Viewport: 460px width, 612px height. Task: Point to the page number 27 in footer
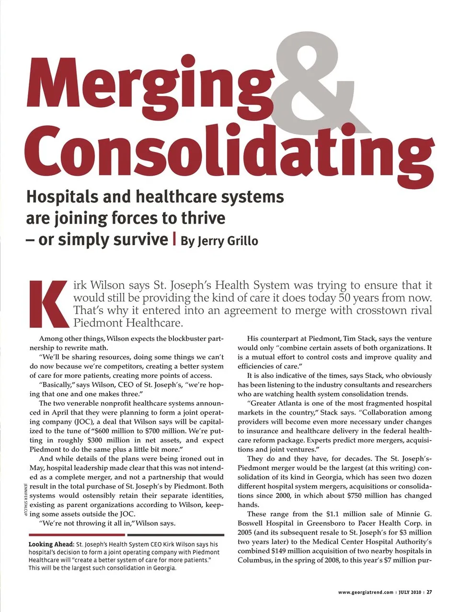tap(430, 592)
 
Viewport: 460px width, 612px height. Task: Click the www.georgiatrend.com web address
tap(366, 592)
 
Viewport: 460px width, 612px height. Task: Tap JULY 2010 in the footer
tap(410, 592)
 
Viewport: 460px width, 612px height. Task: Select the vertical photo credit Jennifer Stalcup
tap(24, 499)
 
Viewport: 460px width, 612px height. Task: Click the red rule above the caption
tap(77, 535)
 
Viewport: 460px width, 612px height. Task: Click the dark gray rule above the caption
tap(176, 535)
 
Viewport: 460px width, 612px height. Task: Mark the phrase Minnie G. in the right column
tap(414, 514)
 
